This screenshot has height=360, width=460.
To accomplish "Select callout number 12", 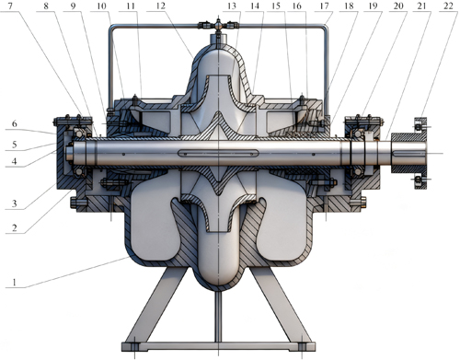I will click(x=162, y=6).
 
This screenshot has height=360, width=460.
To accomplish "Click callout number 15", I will click(x=276, y=6).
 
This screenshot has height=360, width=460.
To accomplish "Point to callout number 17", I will click(x=325, y=6).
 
